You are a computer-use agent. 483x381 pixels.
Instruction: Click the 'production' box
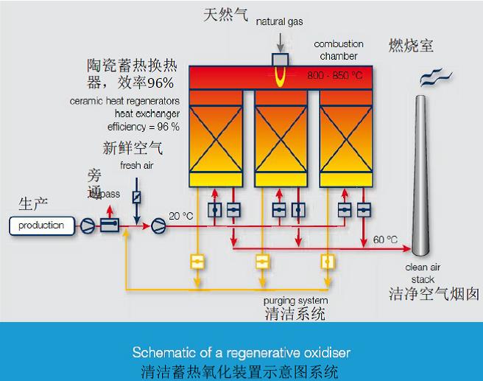point(41,225)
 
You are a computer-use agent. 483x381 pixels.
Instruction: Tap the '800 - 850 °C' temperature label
point(335,75)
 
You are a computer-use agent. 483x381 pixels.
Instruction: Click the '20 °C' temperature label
point(181,216)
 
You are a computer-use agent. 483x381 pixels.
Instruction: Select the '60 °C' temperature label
point(385,240)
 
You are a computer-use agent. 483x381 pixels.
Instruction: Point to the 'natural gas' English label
point(280,22)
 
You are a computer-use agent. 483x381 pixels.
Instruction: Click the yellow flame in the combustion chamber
point(281,76)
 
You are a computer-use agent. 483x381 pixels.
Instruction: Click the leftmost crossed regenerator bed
point(216,136)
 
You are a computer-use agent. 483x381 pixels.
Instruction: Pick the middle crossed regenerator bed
point(280,136)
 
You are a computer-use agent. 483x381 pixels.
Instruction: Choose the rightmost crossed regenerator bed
point(345,136)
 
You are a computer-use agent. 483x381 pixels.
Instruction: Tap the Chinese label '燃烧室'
point(411,46)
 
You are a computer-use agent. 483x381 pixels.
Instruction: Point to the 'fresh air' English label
point(136,166)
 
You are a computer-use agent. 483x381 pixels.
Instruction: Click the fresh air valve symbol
point(136,197)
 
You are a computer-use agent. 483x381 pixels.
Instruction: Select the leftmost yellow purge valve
point(197,261)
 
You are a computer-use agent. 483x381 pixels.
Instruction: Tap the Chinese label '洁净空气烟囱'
point(434,294)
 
